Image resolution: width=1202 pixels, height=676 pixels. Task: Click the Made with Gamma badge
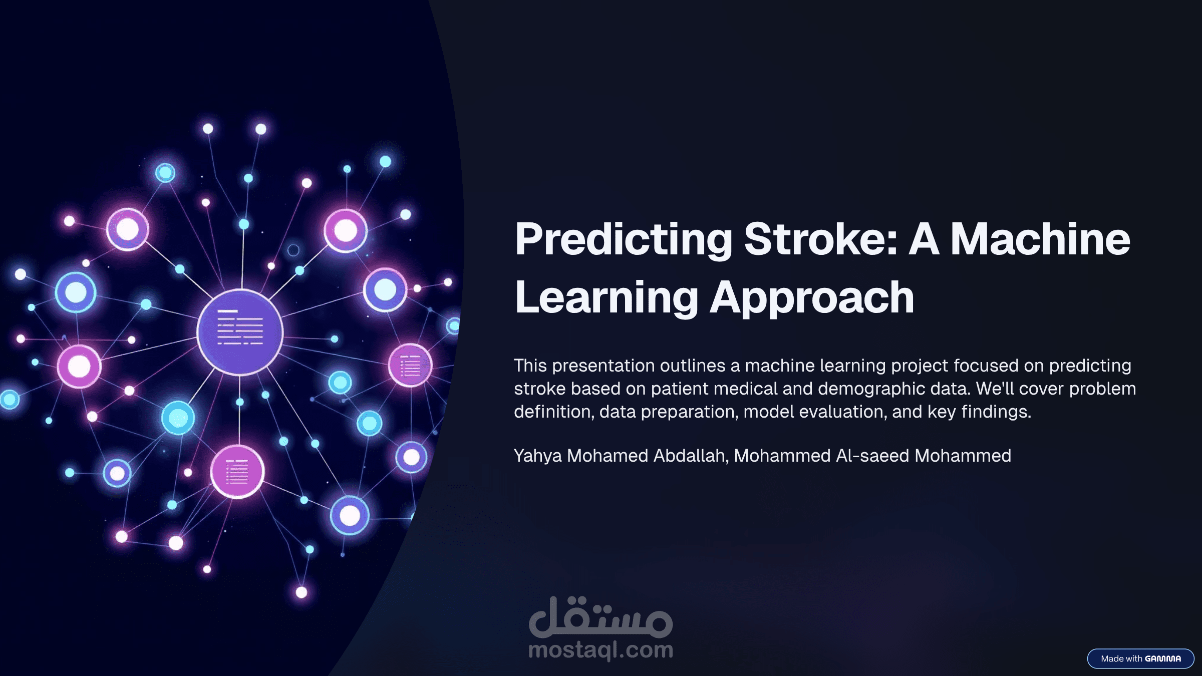(1140, 658)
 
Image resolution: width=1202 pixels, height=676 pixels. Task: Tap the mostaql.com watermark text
(600, 650)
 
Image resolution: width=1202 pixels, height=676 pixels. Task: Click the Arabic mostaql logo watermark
(600, 617)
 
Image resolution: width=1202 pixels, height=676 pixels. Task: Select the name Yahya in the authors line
(538, 456)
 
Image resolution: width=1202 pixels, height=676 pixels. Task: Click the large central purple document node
(240, 332)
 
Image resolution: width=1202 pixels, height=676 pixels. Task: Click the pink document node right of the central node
(410, 366)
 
